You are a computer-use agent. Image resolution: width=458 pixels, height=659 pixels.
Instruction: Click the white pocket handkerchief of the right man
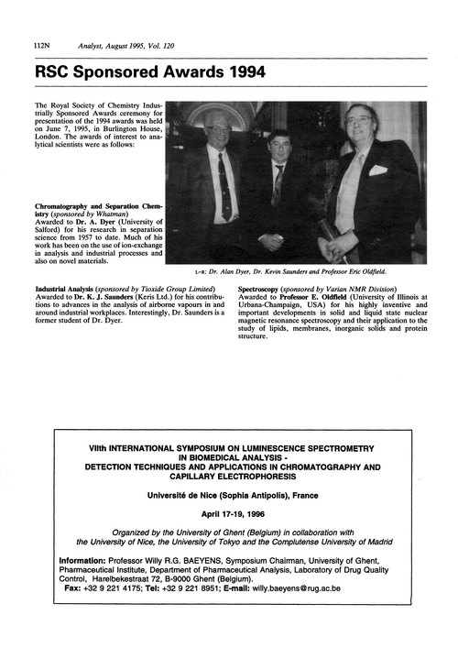377,170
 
